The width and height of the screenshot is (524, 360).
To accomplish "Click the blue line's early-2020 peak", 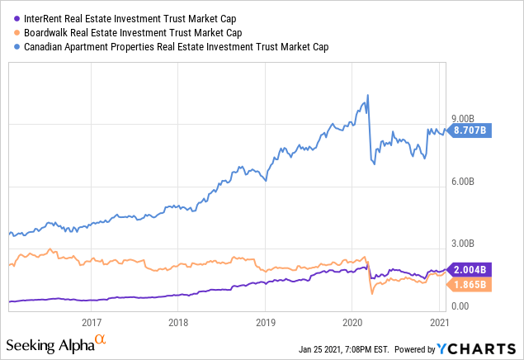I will coord(366,96).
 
